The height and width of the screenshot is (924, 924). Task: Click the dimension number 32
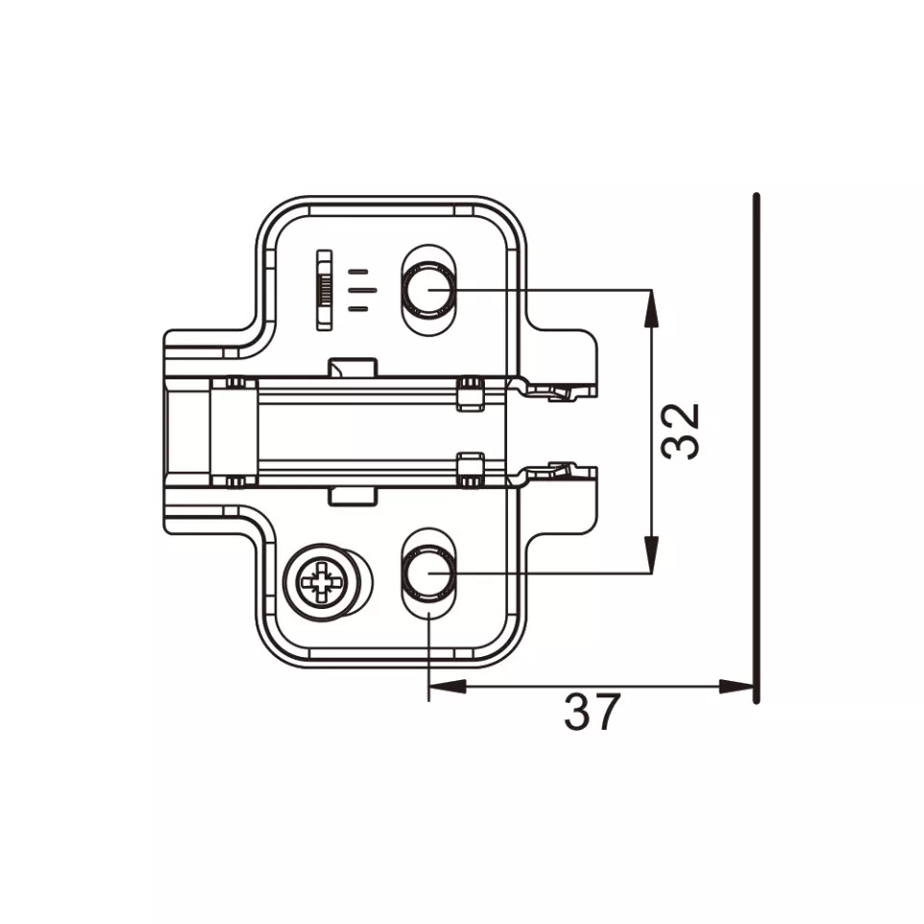click(681, 430)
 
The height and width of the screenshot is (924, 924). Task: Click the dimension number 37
click(592, 712)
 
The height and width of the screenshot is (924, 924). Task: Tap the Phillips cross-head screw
click(320, 583)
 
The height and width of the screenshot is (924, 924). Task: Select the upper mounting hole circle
click(429, 289)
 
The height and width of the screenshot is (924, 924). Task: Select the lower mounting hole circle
click(429, 572)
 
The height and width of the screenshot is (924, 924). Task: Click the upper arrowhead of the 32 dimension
click(651, 308)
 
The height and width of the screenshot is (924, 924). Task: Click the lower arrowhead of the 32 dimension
click(651, 554)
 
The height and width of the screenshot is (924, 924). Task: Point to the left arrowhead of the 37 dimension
click(448, 686)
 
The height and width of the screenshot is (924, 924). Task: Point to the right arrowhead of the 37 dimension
click(737, 686)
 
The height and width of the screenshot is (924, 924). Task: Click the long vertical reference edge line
click(757, 448)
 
